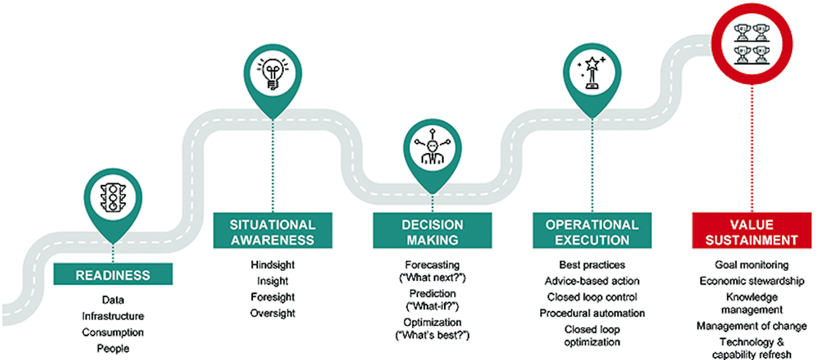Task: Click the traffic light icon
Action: point(113,198)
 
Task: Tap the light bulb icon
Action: point(273,73)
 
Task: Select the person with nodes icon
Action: point(432,147)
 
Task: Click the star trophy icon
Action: point(592,72)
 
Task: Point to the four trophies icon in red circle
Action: point(752,44)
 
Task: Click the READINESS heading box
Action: point(113,274)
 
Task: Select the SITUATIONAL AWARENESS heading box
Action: point(273,230)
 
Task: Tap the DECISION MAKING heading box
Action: point(432,230)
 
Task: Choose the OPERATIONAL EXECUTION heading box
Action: point(592,230)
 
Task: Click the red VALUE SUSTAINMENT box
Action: point(752,230)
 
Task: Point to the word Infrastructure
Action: point(113,316)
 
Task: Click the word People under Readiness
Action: point(113,348)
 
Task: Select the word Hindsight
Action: point(273,265)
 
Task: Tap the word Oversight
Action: point(273,313)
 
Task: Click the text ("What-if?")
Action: point(432,306)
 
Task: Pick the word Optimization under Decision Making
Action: point(432,322)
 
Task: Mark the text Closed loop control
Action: point(592,297)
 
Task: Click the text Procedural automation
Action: point(592,313)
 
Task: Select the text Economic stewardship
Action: point(752,281)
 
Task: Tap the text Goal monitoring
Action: point(752,265)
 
